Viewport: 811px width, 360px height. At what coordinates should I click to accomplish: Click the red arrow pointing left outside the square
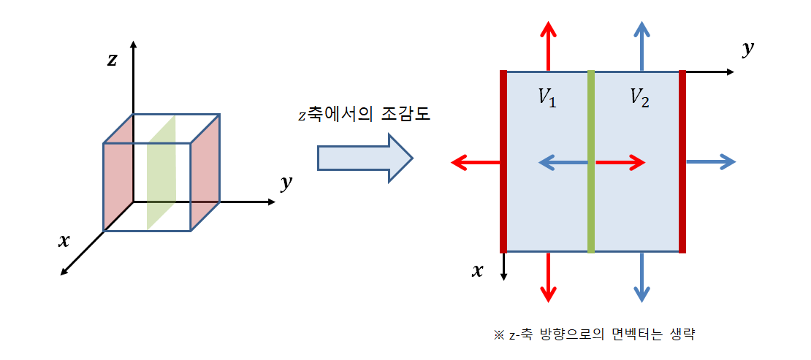tap(475, 163)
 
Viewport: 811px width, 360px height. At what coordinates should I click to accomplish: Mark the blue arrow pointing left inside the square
tap(563, 163)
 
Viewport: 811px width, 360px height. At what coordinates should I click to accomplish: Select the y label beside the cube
tap(286, 183)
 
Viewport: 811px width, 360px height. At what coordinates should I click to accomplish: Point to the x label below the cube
tap(64, 240)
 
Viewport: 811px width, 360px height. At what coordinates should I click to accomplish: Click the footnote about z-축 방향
tap(593, 335)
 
